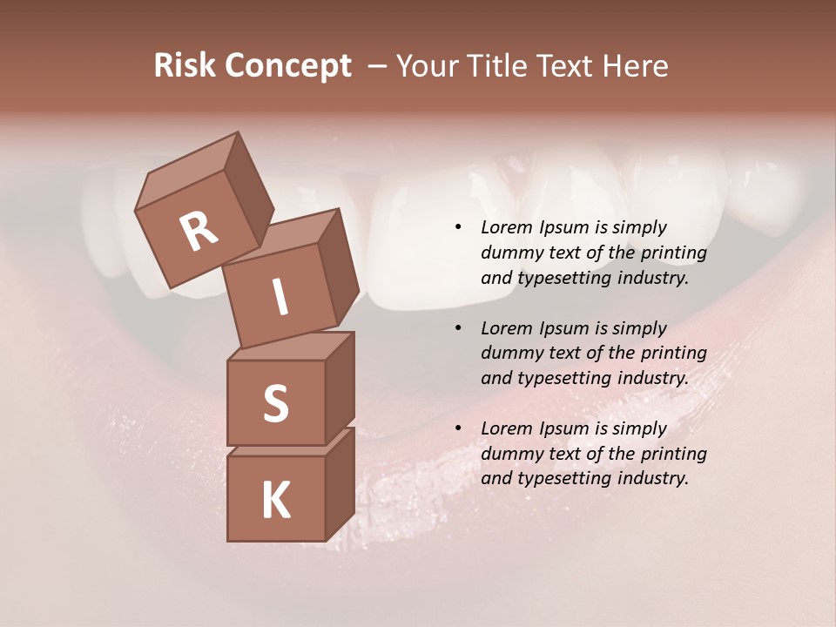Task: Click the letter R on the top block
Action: pyautogui.click(x=199, y=232)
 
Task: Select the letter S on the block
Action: pyautogui.click(x=276, y=403)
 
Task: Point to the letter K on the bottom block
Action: pyautogui.click(x=276, y=501)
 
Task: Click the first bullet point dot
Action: pyautogui.click(x=458, y=228)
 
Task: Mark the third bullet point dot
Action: pyautogui.click(x=458, y=429)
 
